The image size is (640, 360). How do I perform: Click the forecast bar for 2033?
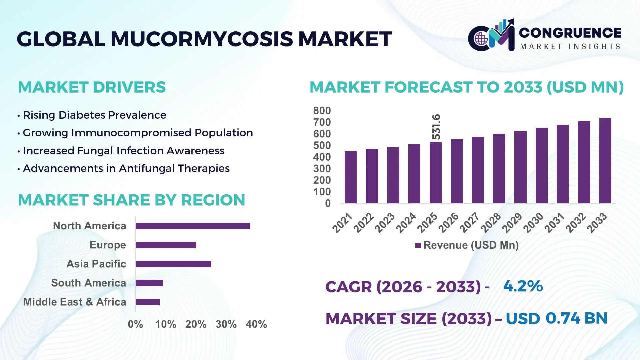(605, 161)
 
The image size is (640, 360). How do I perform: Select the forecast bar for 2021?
(350, 177)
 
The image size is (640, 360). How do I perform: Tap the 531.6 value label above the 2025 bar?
(436, 127)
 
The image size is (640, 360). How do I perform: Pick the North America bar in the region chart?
(193, 226)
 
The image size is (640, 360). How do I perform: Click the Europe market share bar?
(166, 245)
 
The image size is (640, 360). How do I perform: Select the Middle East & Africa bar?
(148, 302)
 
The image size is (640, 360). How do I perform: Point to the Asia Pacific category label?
(96, 264)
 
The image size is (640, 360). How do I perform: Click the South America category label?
(89, 283)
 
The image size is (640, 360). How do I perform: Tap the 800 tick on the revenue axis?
(322, 111)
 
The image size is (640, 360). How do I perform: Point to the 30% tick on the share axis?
(226, 324)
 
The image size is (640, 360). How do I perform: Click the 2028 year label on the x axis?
(491, 222)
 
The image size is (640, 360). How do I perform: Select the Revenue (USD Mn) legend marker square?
(418, 245)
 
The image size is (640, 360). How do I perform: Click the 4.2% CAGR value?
(523, 286)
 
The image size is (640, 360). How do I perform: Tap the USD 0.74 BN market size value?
(556, 318)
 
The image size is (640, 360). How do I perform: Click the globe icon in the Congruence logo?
(481, 39)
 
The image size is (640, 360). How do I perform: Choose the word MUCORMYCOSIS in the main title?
(202, 39)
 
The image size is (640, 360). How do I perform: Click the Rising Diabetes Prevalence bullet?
(94, 115)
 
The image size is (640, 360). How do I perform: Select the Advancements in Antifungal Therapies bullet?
(126, 168)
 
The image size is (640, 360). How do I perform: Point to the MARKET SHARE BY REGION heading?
(131, 200)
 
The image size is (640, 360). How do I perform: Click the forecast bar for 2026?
(457, 171)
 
